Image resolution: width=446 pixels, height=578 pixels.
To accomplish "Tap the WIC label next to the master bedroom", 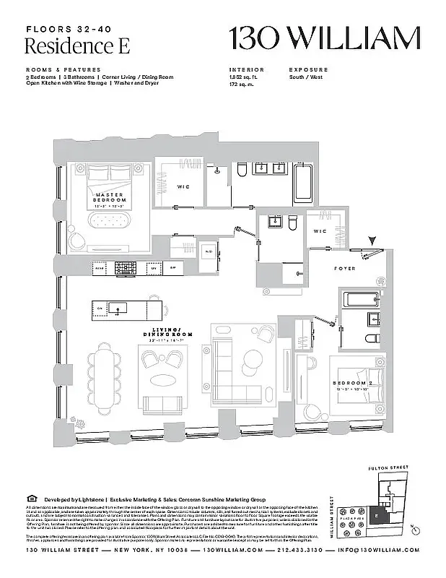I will tap(183, 187).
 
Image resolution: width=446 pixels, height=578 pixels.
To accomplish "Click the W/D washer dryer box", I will tap(208, 251).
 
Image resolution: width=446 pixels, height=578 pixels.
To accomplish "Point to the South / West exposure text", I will tap(306, 77).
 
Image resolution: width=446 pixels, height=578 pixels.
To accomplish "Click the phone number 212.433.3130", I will tap(297, 551).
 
